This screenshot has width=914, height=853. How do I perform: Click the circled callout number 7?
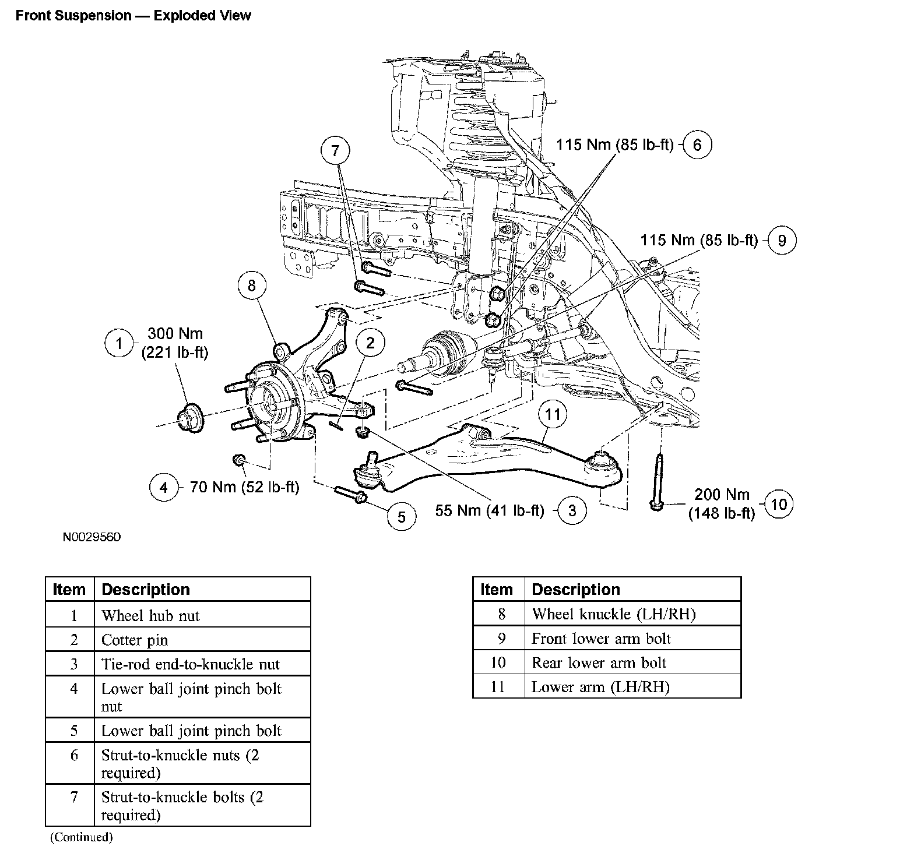click(x=335, y=151)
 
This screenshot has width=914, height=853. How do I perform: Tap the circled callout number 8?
click(x=252, y=285)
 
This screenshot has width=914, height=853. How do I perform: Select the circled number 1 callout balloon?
click(x=119, y=343)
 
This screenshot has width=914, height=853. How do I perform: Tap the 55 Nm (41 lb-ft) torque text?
click(x=490, y=511)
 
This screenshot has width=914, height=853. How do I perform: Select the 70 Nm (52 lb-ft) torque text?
click(x=244, y=487)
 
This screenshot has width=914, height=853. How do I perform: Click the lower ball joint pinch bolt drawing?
click(x=350, y=494)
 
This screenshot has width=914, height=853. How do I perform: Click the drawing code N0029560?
click(x=92, y=537)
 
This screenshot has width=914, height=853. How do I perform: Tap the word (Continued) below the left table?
click(x=80, y=837)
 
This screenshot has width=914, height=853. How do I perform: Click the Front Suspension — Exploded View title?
click(x=133, y=16)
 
